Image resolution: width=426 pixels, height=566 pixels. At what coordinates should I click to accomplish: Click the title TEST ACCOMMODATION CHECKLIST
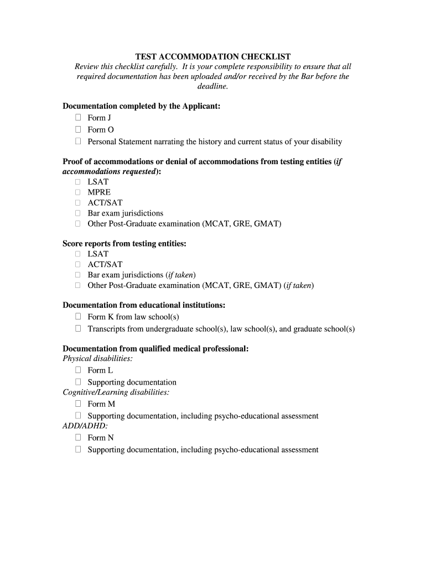213,56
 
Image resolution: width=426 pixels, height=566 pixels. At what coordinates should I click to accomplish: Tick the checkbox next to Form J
78,117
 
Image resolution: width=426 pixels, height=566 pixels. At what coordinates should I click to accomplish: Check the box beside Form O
78,129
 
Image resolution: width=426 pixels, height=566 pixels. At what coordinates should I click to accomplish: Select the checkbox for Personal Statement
78,141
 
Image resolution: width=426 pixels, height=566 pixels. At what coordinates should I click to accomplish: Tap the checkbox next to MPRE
78,192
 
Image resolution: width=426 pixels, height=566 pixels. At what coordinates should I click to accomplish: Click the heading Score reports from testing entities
124,243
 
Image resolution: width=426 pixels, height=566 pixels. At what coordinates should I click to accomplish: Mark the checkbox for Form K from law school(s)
78,317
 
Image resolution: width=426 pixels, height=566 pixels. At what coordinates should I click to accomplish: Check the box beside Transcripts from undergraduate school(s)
78,329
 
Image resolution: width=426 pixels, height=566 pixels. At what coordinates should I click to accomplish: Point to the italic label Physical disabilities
97,359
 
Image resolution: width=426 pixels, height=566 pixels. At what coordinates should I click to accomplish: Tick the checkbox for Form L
78,370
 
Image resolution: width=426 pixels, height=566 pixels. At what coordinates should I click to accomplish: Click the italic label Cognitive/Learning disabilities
116,392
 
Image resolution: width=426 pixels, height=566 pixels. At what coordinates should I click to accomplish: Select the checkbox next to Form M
78,404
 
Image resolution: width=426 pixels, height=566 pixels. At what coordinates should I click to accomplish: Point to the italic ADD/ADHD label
85,426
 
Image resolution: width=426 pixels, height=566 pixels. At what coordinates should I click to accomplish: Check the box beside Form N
78,438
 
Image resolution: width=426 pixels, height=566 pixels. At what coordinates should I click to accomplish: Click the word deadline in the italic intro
213,87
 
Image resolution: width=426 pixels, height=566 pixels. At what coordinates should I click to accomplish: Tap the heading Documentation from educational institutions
144,305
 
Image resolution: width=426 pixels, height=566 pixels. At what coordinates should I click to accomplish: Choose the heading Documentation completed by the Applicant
142,106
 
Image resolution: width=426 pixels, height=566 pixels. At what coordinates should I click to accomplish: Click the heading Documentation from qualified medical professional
155,349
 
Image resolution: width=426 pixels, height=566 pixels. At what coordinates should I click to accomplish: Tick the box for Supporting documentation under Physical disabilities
78,382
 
